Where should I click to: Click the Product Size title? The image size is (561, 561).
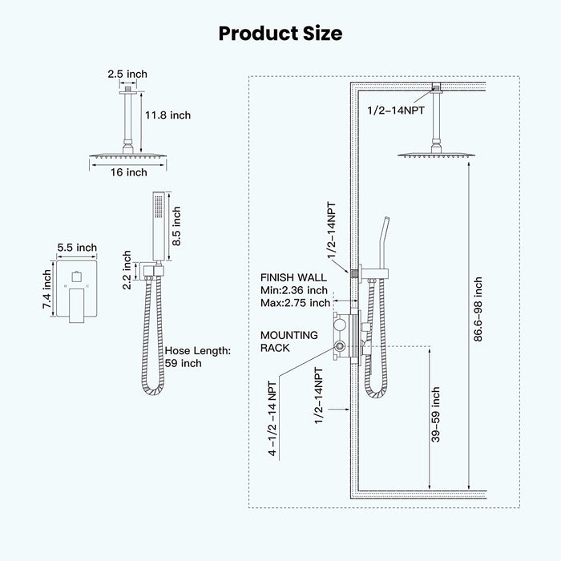point(280,33)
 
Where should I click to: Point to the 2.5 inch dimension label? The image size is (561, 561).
point(127,74)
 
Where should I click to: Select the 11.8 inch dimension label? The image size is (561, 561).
point(167,115)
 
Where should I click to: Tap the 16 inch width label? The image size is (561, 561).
point(127,172)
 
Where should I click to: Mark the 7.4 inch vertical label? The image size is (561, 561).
point(47,290)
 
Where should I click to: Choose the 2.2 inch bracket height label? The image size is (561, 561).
point(127,268)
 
